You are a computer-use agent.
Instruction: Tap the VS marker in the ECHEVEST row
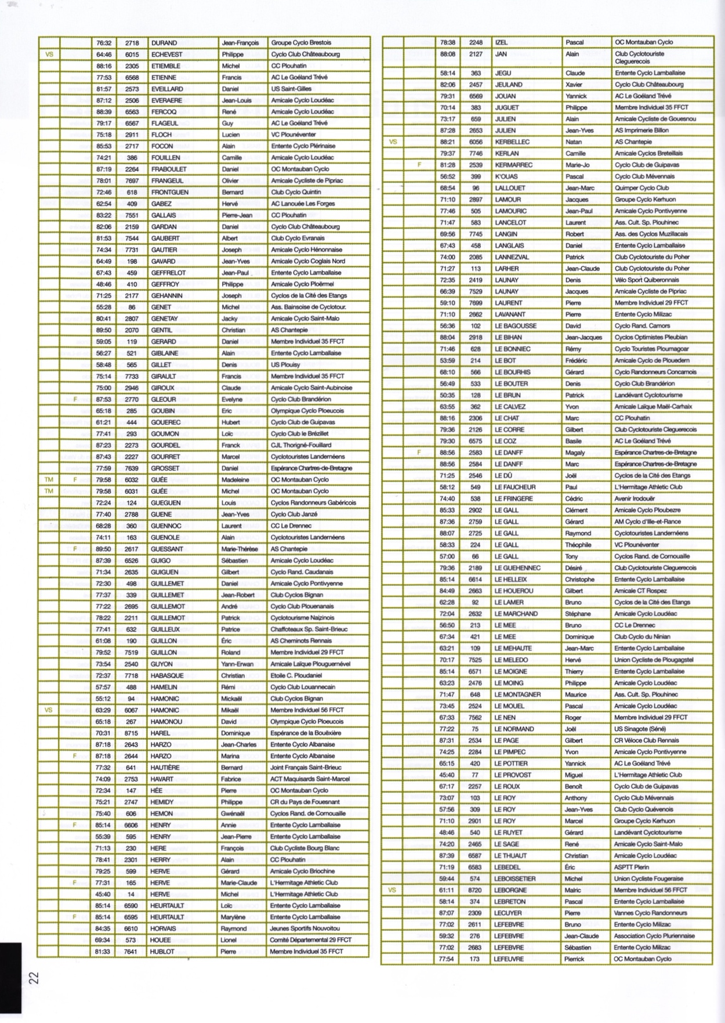coord(49,55)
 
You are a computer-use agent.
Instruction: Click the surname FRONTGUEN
coord(171,192)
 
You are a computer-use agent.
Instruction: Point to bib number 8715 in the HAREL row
coord(132,733)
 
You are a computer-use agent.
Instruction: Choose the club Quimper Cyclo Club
coord(642,188)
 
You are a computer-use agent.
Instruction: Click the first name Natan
coord(574,142)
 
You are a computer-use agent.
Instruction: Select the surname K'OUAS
coord(506,176)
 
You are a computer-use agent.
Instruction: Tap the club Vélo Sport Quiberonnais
coord(647,280)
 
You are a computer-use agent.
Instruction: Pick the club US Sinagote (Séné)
coord(640,729)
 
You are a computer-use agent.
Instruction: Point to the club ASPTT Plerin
coord(634,867)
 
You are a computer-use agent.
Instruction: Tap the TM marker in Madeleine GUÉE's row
coord(49,480)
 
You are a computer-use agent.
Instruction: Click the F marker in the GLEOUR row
coord(75,399)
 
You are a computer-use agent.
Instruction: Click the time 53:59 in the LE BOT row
coord(447,360)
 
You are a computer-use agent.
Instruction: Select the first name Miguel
coord(575,775)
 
